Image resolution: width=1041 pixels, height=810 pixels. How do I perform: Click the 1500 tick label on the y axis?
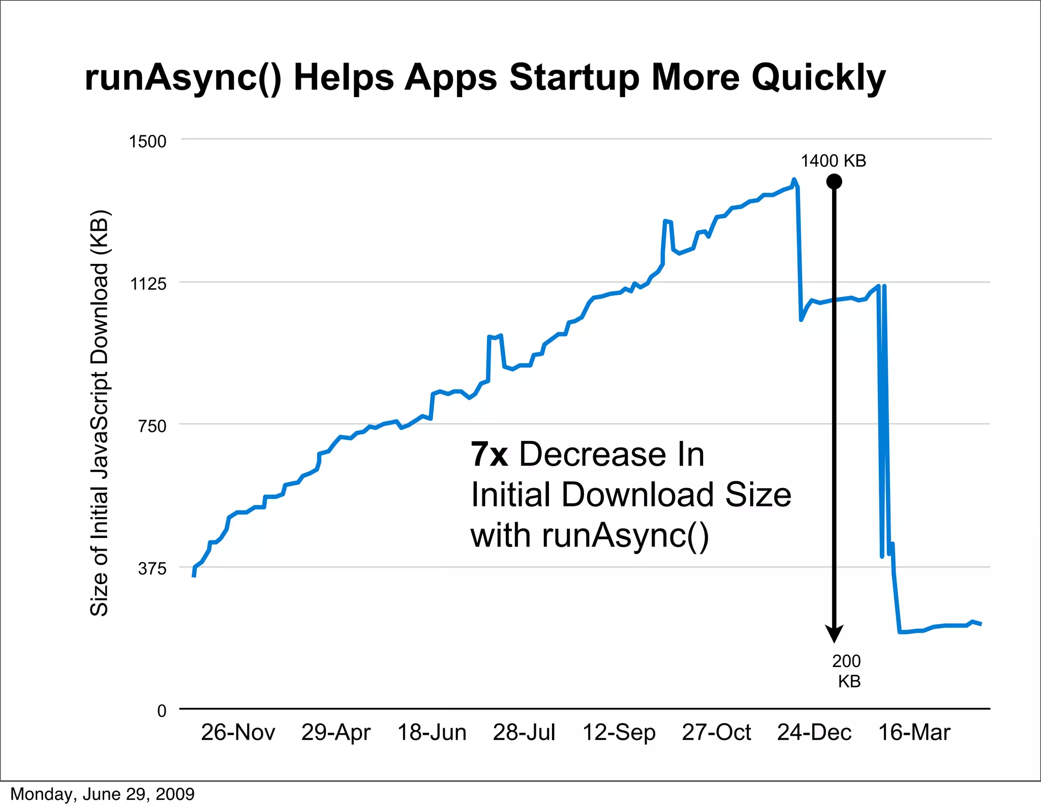coord(147,141)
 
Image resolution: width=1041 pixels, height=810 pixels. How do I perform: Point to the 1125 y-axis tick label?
coord(148,284)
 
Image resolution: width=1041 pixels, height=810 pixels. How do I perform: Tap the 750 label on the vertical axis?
coord(152,426)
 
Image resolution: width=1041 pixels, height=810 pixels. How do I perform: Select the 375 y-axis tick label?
coord(152,568)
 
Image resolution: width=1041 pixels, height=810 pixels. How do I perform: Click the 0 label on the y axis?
coord(162,711)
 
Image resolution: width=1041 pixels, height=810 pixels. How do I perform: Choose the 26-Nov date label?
coord(238,733)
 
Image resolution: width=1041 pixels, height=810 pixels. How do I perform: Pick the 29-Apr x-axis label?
coord(336,733)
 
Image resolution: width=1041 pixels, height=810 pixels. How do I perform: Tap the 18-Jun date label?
coord(432,733)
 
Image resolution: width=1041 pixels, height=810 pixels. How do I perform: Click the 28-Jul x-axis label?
coord(524,733)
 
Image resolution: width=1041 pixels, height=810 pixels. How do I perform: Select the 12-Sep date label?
coord(619,733)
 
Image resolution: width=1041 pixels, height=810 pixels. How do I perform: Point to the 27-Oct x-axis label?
coord(716,733)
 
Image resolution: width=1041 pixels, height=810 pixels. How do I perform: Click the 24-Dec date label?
coord(814,733)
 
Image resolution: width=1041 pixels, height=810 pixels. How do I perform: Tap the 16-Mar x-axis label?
coord(914,733)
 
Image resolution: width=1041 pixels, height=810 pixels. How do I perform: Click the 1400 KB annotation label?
coord(834,161)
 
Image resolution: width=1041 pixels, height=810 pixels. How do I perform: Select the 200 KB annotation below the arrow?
coord(847,671)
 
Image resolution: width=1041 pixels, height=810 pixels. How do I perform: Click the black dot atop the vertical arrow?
coord(834,182)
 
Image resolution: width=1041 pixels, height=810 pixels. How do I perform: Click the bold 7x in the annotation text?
coord(489,454)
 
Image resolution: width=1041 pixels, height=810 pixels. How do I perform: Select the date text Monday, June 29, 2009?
coord(102,794)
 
